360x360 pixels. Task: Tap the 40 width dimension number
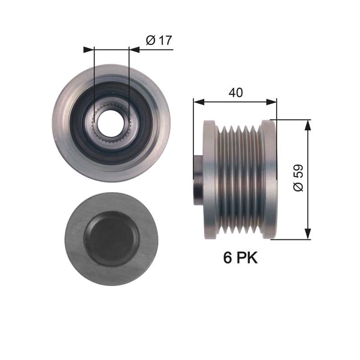235,93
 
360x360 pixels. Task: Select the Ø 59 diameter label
298,178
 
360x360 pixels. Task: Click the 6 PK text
241,258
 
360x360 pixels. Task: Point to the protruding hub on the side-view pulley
198,179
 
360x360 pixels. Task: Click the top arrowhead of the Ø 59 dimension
308,125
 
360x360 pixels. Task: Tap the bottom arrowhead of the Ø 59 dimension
308,234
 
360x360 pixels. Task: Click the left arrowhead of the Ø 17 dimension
89,49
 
